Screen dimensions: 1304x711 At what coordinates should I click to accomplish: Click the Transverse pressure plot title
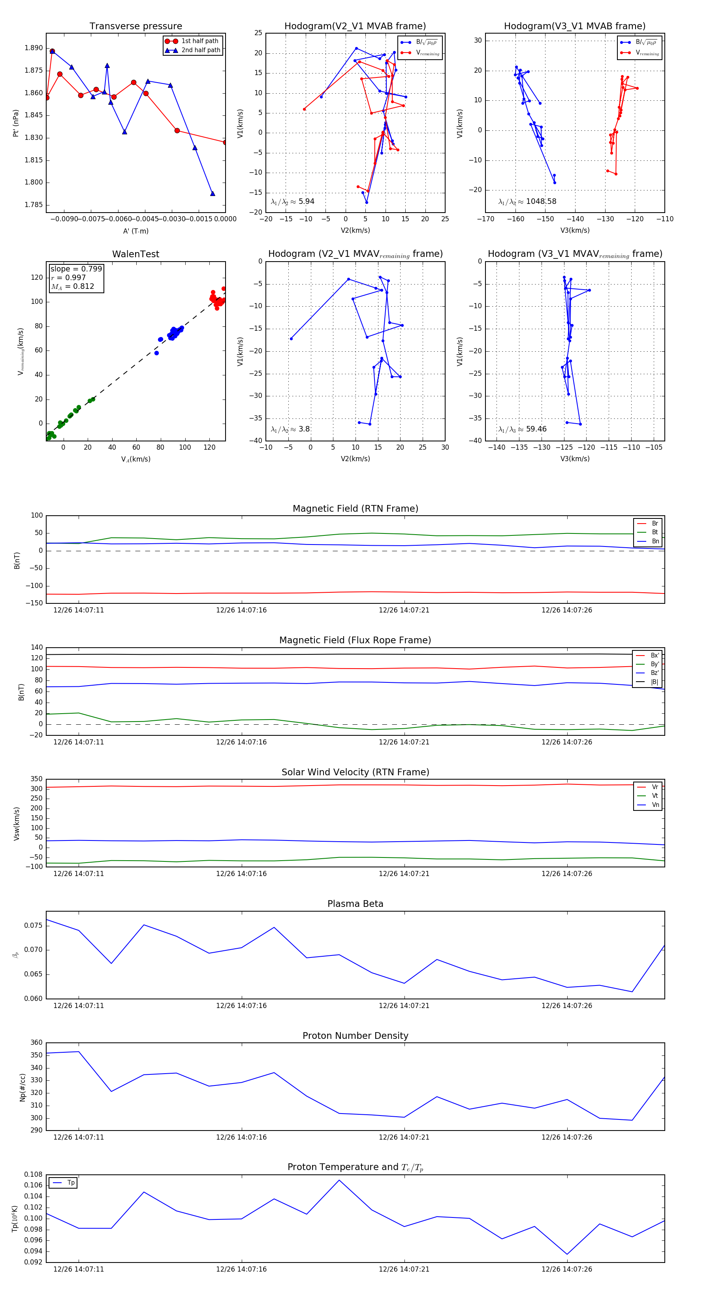[135, 26]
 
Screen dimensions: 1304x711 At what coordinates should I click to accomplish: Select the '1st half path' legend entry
[199, 41]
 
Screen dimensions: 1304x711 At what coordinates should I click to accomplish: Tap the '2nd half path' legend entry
[200, 50]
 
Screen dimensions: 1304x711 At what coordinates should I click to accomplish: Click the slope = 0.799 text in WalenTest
[76, 269]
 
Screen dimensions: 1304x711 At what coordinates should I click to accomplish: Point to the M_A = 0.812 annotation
[72, 286]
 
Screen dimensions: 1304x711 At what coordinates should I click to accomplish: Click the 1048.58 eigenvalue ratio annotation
[540, 202]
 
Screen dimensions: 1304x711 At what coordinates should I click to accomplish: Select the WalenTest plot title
[135, 254]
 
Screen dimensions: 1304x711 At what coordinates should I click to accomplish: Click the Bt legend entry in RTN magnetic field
[655, 532]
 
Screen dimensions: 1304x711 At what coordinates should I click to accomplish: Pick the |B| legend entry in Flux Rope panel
[655, 682]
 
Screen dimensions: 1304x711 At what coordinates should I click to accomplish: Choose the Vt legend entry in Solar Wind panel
[655, 796]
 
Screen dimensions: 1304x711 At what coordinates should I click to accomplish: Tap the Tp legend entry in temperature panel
[71, 1183]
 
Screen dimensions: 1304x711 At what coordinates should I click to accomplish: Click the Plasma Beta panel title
[355, 904]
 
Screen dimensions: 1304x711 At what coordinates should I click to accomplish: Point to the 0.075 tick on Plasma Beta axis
[34, 925]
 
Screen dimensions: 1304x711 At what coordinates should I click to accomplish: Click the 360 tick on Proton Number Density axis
[36, 1042]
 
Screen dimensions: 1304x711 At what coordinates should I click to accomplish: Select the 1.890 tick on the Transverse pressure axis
[34, 48]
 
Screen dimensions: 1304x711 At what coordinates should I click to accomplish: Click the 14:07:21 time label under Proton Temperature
[404, 1269]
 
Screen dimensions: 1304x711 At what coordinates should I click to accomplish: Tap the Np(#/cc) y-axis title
[22, 1087]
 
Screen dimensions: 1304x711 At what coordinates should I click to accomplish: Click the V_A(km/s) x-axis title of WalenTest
[135, 459]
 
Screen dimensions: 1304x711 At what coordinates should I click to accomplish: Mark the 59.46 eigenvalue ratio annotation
[536, 429]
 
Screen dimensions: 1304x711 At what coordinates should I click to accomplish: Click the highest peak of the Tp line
[339, 1180]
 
